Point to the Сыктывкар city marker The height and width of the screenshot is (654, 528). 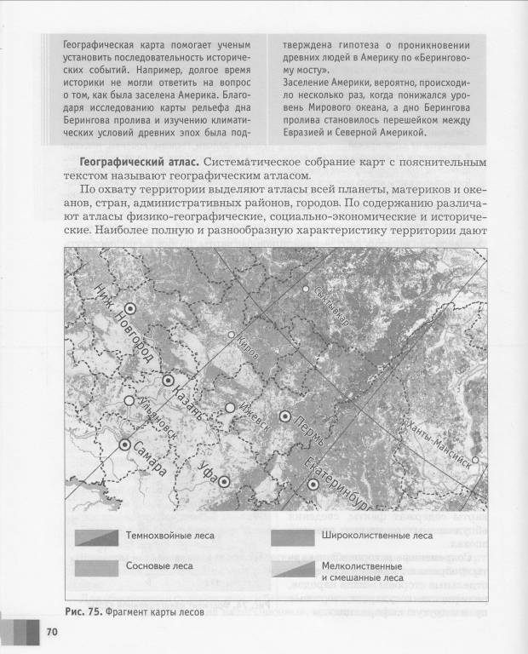click(x=306, y=289)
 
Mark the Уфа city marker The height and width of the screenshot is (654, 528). click(x=224, y=481)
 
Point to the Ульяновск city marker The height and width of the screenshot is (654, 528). click(x=129, y=399)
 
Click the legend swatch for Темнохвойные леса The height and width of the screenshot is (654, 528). click(x=95, y=536)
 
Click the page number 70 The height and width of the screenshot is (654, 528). click(x=51, y=632)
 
